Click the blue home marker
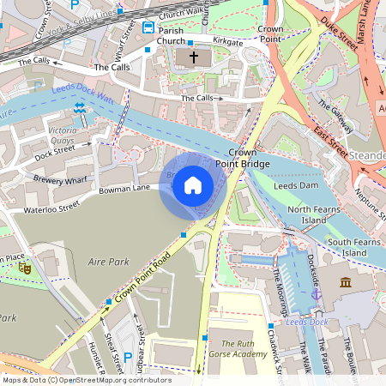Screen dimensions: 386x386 tap(193, 185)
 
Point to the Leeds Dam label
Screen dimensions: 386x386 tap(295, 185)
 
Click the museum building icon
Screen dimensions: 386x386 tap(346, 282)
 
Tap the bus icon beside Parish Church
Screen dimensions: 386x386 tap(149, 27)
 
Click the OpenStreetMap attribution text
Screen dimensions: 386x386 tap(86, 380)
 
